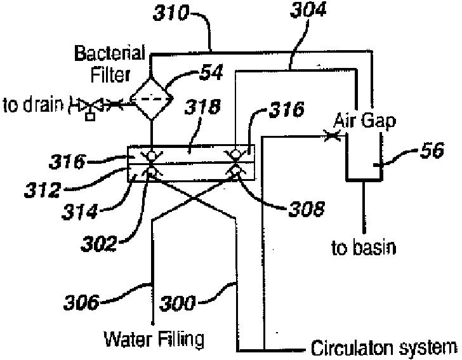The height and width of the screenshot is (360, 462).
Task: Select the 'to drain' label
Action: (31, 104)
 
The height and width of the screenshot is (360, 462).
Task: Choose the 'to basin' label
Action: (363, 247)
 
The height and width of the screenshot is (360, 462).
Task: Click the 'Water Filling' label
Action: (154, 339)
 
